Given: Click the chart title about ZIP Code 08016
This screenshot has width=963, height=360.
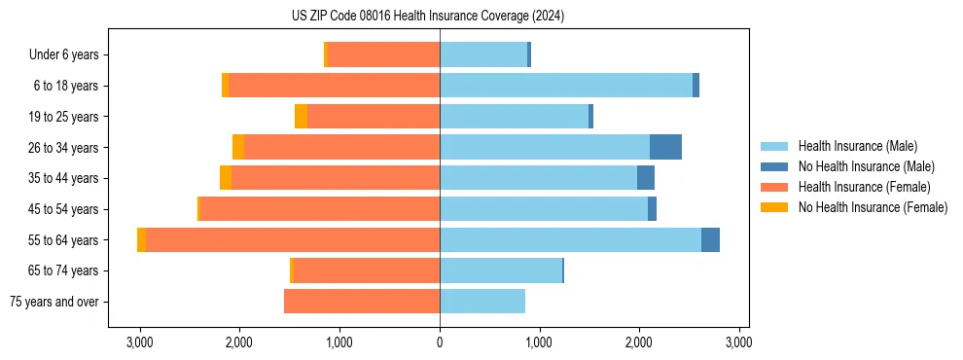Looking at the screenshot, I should click(x=428, y=17).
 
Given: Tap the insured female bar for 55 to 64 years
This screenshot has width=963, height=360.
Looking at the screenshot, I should click(x=292, y=240).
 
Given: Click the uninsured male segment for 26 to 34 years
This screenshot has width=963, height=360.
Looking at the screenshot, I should click(x=665, y=148).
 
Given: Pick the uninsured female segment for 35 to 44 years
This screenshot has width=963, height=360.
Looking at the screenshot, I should click(x=226, y=178).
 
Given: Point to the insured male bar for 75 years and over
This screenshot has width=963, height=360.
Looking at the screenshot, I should click(x=482, y=302).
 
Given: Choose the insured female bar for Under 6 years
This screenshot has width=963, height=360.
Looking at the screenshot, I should click(x=383, y=55).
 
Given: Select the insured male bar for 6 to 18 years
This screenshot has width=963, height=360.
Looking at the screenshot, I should click(x=566, y=86).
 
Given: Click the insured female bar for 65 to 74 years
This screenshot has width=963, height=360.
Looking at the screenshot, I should click(x=366, y=270).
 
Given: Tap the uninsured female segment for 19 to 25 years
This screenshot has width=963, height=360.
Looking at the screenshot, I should click(x=302, y=117).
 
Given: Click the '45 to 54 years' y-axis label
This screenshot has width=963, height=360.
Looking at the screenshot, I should click(x=64, y=209).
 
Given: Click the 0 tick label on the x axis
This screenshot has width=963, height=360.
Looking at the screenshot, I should click(x=440, y=342).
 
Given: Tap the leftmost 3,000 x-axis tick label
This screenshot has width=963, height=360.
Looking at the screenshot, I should click(x=140, y=342).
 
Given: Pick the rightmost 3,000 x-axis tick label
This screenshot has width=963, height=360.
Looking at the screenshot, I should click(x=738, y=342).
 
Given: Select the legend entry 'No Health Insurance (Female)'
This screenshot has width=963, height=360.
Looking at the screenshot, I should click(x=873, y=207).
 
